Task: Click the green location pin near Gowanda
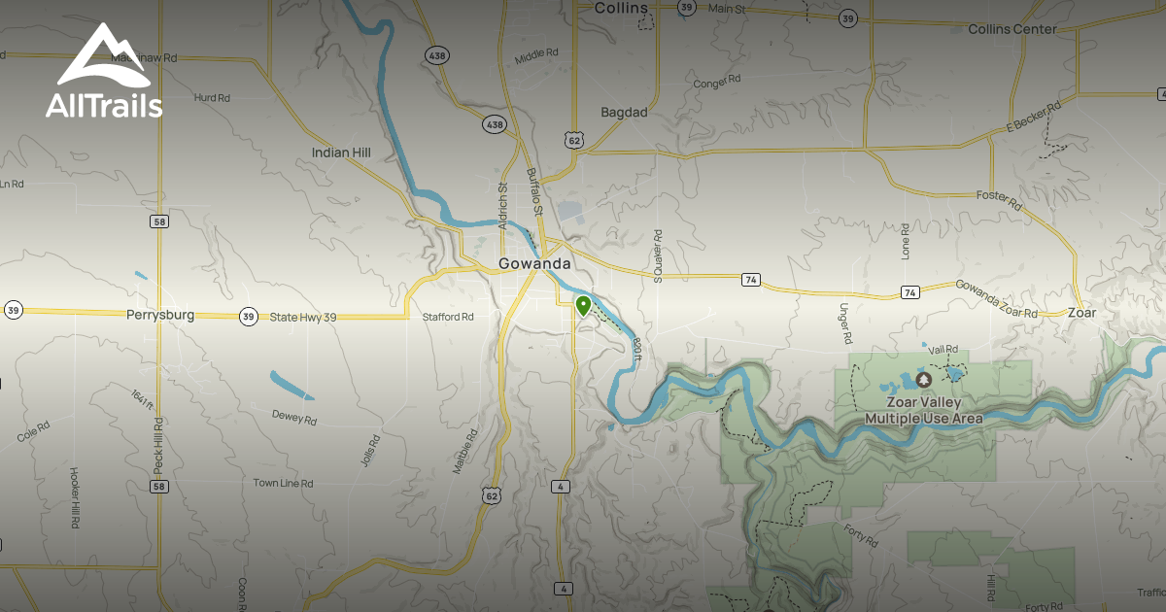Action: (583, 307)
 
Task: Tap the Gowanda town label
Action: (533, 263)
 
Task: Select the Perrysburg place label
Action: (160, 315)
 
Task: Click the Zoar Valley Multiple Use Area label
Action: (924, 411)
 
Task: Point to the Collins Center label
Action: (1012, 30)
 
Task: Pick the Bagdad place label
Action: (624, 113)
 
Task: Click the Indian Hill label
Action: (341, 153)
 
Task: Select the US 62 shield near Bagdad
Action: (574, 141)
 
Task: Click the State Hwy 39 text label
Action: (303, 317)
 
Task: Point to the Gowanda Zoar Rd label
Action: (996, 299)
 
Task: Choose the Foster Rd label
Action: (999, 200)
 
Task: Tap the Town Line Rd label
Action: (283, 483)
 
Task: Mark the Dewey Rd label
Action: (294, 418)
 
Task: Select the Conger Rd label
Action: (717, 82)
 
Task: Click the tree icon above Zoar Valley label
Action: (923, 379)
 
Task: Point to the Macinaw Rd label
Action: (144, 58)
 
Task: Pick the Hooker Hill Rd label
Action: (75, 497)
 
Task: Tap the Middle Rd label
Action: (537, 56)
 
